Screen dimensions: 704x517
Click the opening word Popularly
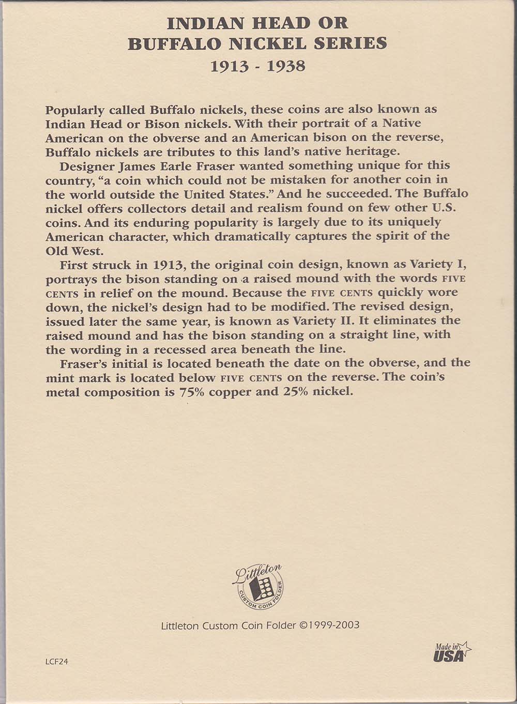pyautogui.click(x=71, y=110)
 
